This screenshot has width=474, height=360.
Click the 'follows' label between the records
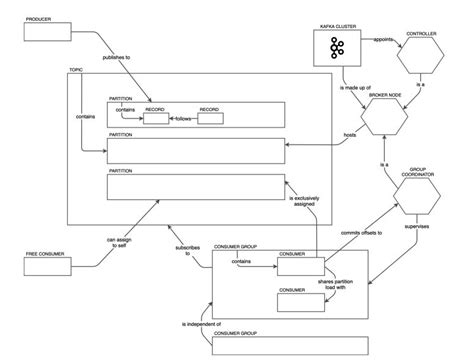tap(183, 119)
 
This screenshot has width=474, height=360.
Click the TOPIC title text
tap(76, 70)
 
